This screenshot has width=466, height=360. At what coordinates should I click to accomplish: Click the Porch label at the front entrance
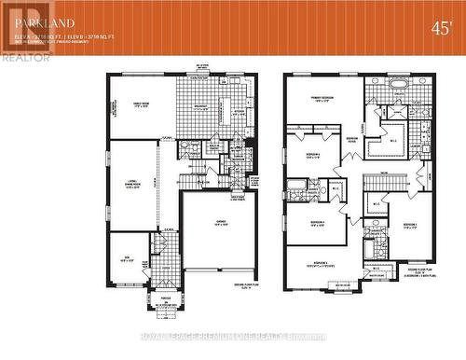click(x=165, y=298)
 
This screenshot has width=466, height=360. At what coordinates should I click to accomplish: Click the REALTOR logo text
click(x=26, y=57)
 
